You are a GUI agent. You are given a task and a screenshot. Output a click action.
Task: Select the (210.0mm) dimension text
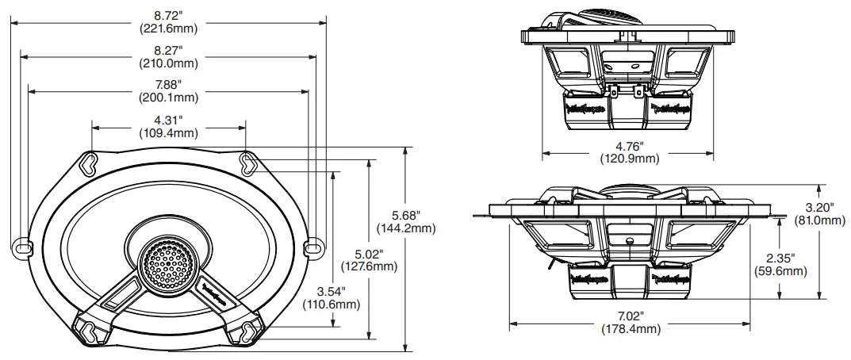click(168, 63)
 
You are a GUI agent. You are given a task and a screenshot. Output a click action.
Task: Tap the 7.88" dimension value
click(168, 84)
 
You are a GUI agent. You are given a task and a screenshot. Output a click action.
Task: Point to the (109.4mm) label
click(168, 132)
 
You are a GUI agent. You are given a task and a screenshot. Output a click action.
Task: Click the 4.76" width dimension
click(629, 146)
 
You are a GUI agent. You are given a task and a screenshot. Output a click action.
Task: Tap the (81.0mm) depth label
click(818, 220)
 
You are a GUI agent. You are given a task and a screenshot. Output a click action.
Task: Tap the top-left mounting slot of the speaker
click(92, 163)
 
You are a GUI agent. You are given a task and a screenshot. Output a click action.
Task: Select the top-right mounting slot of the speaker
click(248, 163)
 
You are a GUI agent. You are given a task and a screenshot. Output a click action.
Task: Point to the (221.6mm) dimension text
click(168, 28)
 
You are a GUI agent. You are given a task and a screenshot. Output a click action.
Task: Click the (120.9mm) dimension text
click(629, 159)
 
